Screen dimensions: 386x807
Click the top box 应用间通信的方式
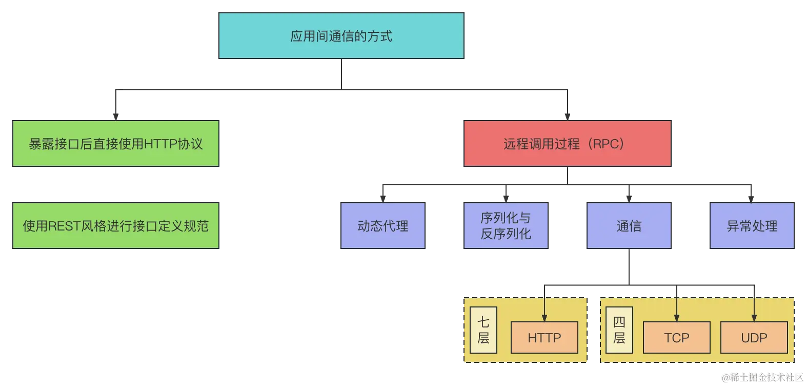(x=341, y=36)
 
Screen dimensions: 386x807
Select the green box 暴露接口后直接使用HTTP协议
(x=116, y=144)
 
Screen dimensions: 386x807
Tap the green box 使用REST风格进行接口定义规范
(x=116, y=226)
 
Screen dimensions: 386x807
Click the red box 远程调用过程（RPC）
(x=568, y=144)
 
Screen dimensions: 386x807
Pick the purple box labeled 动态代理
(x=383, y=226)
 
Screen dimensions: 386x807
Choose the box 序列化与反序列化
(x=506, y=226)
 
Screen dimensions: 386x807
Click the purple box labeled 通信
(x=629, y=226)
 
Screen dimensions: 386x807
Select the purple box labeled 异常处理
(x=752, y=226)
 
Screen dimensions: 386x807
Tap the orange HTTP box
(x=544, y=338)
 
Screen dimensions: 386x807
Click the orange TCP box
(x=677, y=338)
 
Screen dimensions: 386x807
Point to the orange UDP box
(x=754, y=338)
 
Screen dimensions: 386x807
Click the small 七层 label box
(x=483, y=330)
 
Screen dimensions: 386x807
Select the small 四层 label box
(x=619, y=330)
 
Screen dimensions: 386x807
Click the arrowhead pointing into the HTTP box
(x=544, y=318)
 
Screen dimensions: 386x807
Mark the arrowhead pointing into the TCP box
(x=677, y=318)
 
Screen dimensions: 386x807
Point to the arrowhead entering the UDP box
(x=754, y=318)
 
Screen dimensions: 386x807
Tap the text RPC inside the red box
(x=605, y=144)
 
